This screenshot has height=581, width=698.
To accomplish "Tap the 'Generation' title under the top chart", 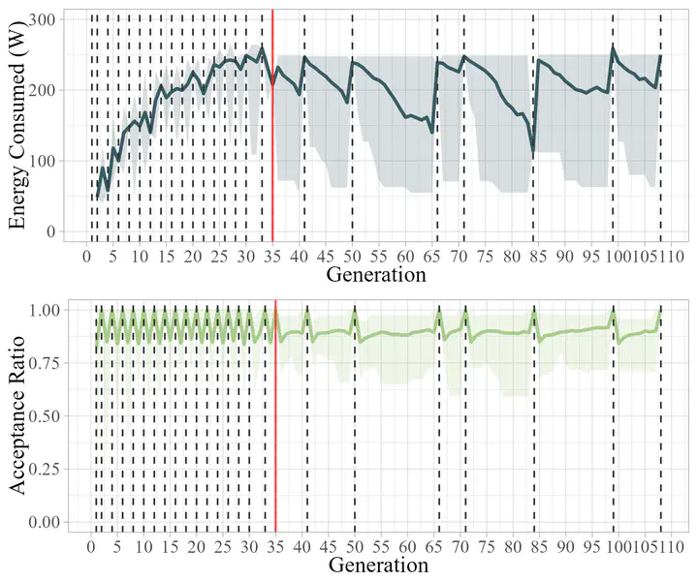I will (375, 275).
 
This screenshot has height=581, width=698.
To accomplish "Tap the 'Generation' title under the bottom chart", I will (375, 563).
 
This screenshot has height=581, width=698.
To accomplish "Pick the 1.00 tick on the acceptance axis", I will (38, 310).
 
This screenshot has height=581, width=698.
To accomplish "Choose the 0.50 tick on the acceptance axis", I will (38, 415).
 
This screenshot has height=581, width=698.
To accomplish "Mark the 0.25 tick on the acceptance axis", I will (38, 469).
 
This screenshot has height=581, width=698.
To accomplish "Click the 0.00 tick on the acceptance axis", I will (38, 522).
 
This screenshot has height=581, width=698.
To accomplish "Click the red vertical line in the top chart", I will (272, 126).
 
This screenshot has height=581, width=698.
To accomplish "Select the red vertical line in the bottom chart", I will (275, 416).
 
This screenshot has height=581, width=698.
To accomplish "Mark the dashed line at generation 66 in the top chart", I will (437, 126).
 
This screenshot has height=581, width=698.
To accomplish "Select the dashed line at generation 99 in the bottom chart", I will (613, 416).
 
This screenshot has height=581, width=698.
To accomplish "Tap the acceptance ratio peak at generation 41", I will (307, 311).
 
